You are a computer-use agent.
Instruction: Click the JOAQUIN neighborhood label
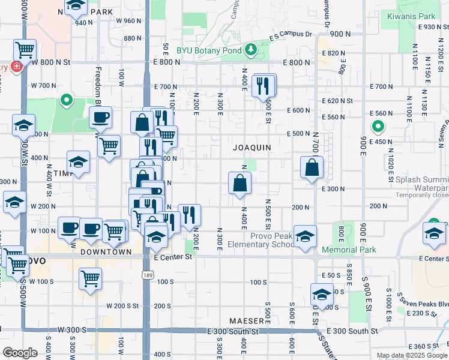pyautogui.click(x=253, y=147)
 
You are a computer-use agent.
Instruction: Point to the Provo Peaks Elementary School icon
pyautogui.click(x=306, y=237)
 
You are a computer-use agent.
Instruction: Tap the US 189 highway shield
pyautogui.click(x=147, y=275)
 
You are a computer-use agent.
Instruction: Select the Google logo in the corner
pyautogui.click(x=20, y=353)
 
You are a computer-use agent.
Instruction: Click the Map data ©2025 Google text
pyautogui.click(x=411, y=355)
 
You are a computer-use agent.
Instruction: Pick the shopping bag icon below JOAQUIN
pyautogui.click(x=240, y=184)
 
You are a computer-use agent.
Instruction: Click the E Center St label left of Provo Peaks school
pyautogui.click(x=172, y=257)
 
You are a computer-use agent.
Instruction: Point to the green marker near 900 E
pyautogui.click(x=378, y=127)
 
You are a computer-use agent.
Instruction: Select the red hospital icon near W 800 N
pyautogui.click(x=15, y=65)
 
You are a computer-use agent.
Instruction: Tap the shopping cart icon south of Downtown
pyautogui.click(x=90, y=279)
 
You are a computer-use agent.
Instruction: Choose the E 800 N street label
pyautogui.click(x=167, y=62)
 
